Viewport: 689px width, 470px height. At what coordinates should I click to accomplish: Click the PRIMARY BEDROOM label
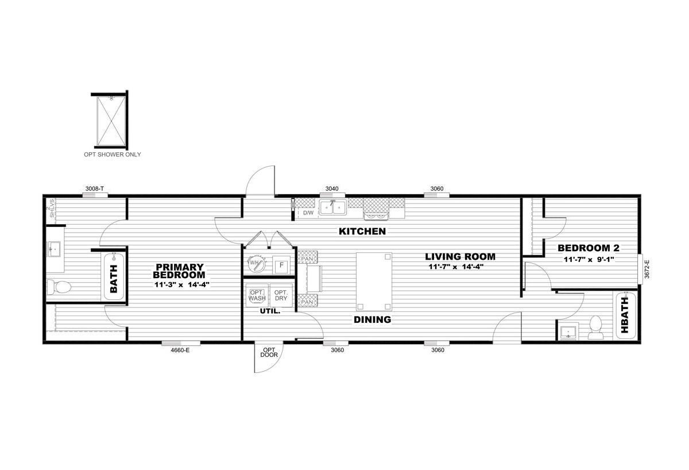pyautogui.click(x=179, y=271)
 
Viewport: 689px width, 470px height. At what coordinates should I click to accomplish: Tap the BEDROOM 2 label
pyautogui.click(x=589, y=248)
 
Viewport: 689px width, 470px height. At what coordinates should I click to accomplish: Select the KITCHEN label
pyautogui.click(x=362, y=232)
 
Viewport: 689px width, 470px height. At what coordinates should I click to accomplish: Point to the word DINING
pyautogui.click(x=373, y=320)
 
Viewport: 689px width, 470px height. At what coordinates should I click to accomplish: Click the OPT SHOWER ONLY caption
pyautogui.click(x=113, y=155)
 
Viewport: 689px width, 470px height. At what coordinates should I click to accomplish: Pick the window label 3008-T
pyautogui.click(x=95, y=188)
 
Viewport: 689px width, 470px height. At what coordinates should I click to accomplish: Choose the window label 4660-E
pyautogui.click(x=180, y=350)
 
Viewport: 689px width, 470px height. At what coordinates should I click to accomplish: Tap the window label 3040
pyautogui.click(x=332, y=188)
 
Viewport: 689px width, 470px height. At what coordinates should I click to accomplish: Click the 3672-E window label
pyautogui.click(x=647, y=269)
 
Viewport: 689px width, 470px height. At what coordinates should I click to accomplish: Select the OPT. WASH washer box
pyautogui.click(x=257, y=295)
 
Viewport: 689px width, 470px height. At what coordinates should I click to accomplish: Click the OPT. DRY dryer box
pyautogui.click(x=281, y=295)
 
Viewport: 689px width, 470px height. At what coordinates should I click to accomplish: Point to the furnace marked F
pyautogui.click(x=281, y=265)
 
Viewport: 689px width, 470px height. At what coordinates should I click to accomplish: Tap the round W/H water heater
pyautogui.click(x=256, y=264)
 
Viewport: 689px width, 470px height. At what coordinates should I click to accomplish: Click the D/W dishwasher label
pyautogui.click(x=308, y=213)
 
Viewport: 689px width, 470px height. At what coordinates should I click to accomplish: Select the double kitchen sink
pyautogui.click(x=333, y=208)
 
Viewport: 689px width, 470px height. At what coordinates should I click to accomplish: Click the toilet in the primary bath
pyautogui.click(x=59, y=287)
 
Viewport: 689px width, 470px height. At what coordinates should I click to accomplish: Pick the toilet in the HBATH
pyautogui.click(x=596, y=328)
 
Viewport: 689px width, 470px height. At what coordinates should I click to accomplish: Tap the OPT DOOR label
pyautogui.click(x=269, y=352)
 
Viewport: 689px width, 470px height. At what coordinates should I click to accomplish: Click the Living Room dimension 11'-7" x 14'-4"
pyautogui.click(x=456, y=267)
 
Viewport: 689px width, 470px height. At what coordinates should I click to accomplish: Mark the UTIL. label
pyautogui.click(x=270, y=311)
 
